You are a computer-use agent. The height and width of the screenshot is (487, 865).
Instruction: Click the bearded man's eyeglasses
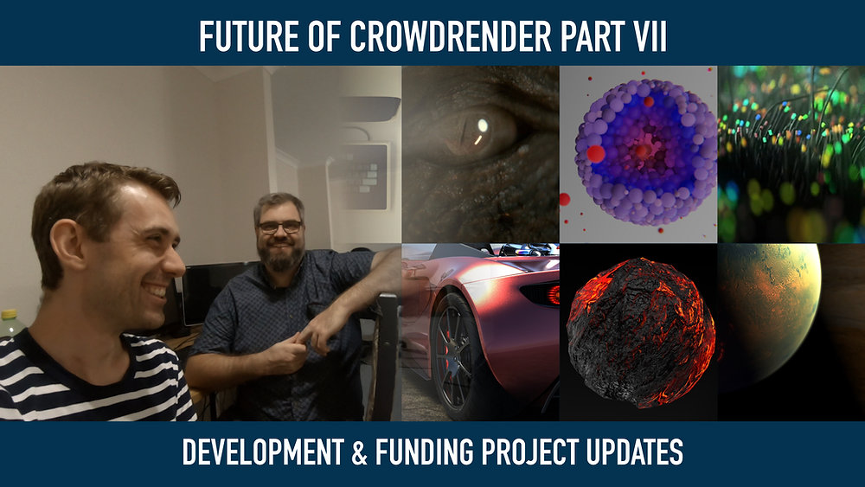[x=279, y=227]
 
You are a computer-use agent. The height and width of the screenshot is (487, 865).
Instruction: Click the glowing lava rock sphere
[x=639, y=331]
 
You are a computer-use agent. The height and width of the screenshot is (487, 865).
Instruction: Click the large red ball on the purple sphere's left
[x=596, y=154]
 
